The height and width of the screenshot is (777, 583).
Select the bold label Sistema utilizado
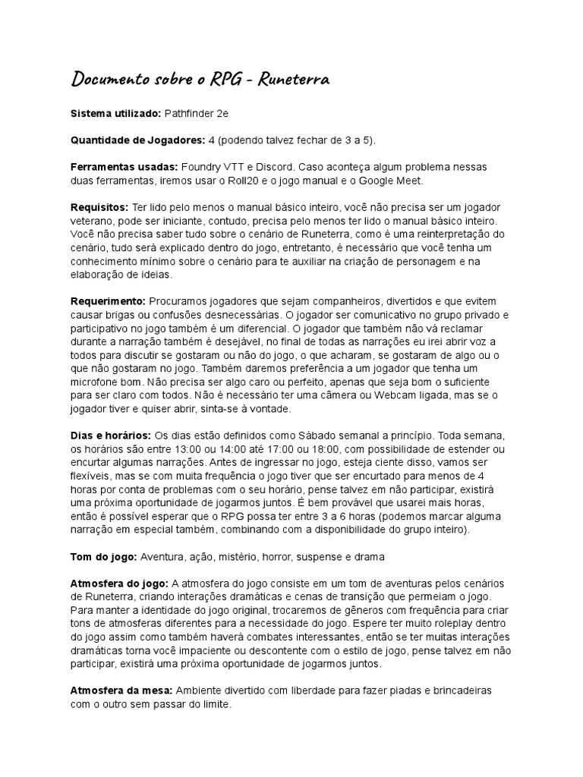point(115,113)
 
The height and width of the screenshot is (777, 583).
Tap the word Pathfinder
point(190,113)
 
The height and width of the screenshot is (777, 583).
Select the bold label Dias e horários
point(111,436)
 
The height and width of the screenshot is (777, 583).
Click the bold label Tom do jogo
point(103,557)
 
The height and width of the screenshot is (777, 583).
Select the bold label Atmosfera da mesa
point(122,690)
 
